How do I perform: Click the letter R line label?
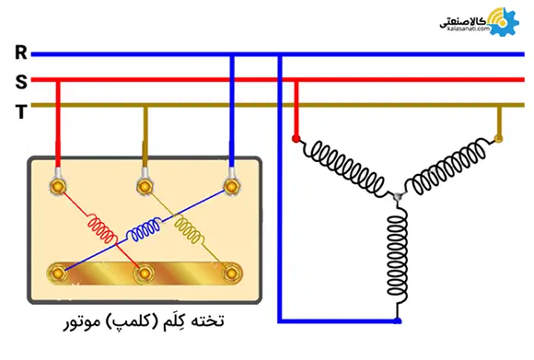[x=20, y=53]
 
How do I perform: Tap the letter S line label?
[x=20, y=81]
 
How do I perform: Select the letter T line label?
[x=20, y=108]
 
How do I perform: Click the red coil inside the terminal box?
[x=101, y=227]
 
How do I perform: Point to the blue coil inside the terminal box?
[x=145, y=230]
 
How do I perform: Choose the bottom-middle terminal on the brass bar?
[x=144, y=273]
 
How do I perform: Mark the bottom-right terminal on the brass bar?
[x=230, y=273]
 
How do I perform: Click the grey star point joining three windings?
[x=397, y=197]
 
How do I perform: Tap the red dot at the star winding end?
[x=296, y=139]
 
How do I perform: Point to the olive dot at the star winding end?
[x=500, y=139]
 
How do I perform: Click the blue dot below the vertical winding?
[x=398, y=320]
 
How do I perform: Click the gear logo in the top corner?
[x=501, y=21]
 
